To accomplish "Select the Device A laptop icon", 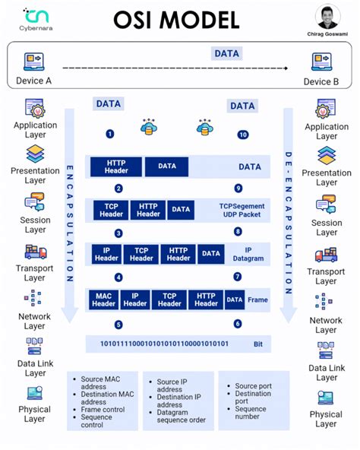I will click(34, 62).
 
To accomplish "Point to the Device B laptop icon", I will click(322, 62).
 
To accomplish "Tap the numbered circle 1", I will click(110, 134).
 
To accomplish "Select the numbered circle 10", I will click(243, 135).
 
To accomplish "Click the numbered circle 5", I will click(118, 325).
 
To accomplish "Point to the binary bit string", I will click(165, 344).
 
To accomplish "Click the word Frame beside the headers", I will click(257, 300).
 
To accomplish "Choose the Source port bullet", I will click(252, 386).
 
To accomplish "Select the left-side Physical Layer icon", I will click(34, 394).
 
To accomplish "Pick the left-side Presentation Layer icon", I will click(35, 154).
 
